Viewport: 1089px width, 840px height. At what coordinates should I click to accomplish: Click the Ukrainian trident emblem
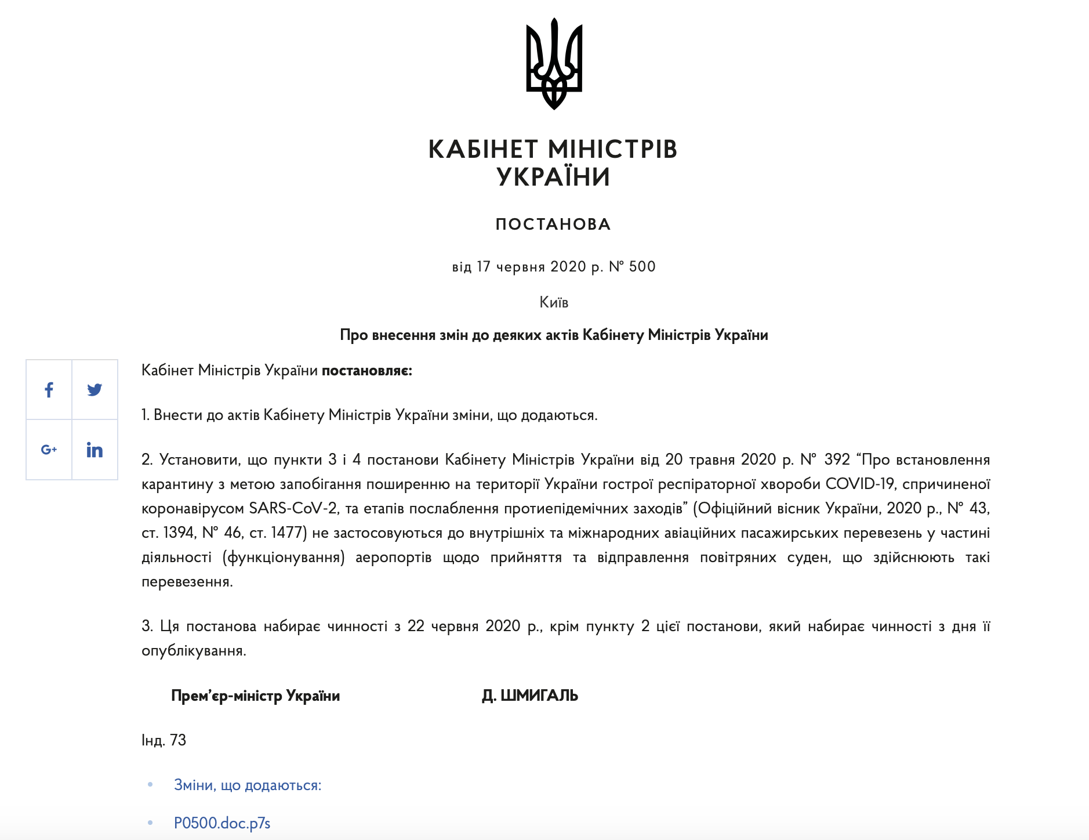click(554, 64)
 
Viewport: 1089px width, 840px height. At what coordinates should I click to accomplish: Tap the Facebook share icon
click(49, 390)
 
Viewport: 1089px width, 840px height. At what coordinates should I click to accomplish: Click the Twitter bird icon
click(95, 390)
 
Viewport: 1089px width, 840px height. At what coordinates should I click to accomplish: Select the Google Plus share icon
click(49, 450)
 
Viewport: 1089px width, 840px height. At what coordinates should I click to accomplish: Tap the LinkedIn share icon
click(95, 450)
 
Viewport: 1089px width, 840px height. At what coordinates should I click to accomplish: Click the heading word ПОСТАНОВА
click(553, 225)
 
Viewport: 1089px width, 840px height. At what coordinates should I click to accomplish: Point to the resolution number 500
click(642, 267)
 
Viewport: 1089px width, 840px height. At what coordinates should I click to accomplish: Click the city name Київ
click(554, 302)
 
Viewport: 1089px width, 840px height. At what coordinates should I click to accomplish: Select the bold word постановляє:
click(366, 371)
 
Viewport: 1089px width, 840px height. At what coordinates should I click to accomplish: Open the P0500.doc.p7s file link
click(222, 823)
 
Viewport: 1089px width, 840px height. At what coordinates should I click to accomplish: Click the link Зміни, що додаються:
click(248, 785)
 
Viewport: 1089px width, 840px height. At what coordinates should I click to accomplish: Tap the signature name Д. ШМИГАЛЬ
click(530, 696)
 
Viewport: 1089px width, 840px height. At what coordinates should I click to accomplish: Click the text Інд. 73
click(164, 740)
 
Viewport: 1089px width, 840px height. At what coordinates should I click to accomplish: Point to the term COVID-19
click(859, 484)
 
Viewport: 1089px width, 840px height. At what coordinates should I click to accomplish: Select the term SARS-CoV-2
click(293, 509)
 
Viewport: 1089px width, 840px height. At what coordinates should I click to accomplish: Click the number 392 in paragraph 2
click(837, 460)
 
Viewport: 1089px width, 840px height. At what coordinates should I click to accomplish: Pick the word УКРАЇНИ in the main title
click(553, 177)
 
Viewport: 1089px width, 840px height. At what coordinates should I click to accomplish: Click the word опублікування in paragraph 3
click(193, 651)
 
